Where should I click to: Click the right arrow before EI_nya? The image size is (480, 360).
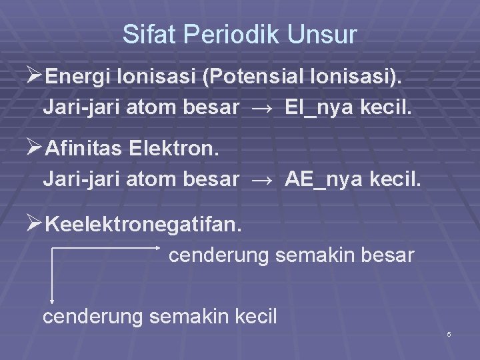(261, 107)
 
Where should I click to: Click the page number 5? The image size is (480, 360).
(449, 333)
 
